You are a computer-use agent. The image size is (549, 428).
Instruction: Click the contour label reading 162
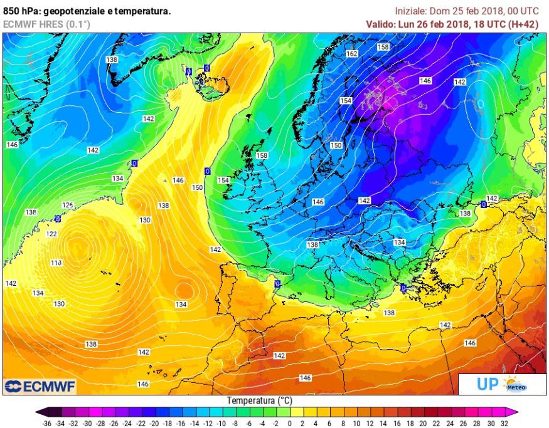coord(352,54)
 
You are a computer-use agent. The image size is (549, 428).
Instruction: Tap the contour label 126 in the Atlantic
coord(68,205)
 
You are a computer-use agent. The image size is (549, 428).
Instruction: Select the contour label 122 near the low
coord(51,234)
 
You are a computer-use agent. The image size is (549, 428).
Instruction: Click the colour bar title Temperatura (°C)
coord(259,400)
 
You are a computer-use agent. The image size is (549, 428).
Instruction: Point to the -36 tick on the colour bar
coord(46,423)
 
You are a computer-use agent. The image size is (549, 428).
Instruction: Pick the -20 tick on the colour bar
coord(148,423)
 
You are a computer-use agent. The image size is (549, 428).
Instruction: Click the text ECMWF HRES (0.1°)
coord(46,24)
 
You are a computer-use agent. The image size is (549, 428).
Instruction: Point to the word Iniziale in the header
coord(410,11)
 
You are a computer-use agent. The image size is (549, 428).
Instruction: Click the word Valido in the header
coord(381,24)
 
